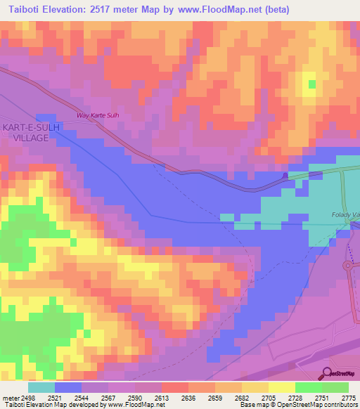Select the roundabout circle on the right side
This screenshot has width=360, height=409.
tap(349, 266)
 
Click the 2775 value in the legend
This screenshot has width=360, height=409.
tap(349, 397)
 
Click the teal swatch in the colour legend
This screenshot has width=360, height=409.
tap(41, 387)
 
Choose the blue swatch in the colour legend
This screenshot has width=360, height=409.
tap(68, 387)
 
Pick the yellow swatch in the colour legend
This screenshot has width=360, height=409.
tap(281, 387)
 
